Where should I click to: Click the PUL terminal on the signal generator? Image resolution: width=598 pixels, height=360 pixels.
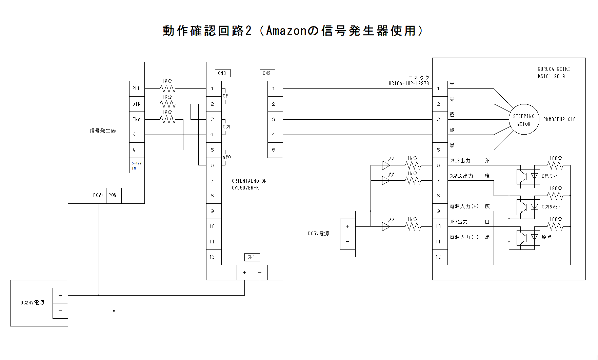click(137, 88)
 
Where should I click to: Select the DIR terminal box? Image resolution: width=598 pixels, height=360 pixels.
click(137, 104)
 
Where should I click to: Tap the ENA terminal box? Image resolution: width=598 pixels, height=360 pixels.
click(137, 119)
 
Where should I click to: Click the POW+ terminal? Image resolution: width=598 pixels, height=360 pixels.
click(98, 195)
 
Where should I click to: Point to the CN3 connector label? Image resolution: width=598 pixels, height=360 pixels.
click(222, 73)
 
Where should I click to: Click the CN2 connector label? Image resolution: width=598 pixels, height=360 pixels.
click(267, 73)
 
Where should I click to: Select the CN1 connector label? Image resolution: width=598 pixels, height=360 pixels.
click(252, 257)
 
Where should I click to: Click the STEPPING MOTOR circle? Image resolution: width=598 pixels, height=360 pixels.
click(524, 120)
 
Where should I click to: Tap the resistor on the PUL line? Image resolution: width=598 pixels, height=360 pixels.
click(168, 88)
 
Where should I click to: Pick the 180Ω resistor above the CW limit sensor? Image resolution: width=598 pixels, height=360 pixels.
click(555, 165)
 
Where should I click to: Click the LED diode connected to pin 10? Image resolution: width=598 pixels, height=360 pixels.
click(386, 226)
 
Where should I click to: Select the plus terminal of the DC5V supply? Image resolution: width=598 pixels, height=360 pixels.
click(347, 226)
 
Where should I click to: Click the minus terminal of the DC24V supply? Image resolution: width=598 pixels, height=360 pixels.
click(60, 311)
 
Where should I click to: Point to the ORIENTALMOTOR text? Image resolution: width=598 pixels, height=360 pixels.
click(249, 181)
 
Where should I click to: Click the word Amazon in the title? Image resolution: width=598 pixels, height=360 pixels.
click(286, 31)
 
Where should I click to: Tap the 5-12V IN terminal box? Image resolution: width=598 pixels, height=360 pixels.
click(137, 165)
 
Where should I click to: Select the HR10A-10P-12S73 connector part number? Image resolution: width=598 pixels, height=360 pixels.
click(408, 83)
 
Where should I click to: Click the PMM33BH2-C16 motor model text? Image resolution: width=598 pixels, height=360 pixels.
click(559, 119)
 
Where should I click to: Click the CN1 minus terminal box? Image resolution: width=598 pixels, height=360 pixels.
click(260, 273)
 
